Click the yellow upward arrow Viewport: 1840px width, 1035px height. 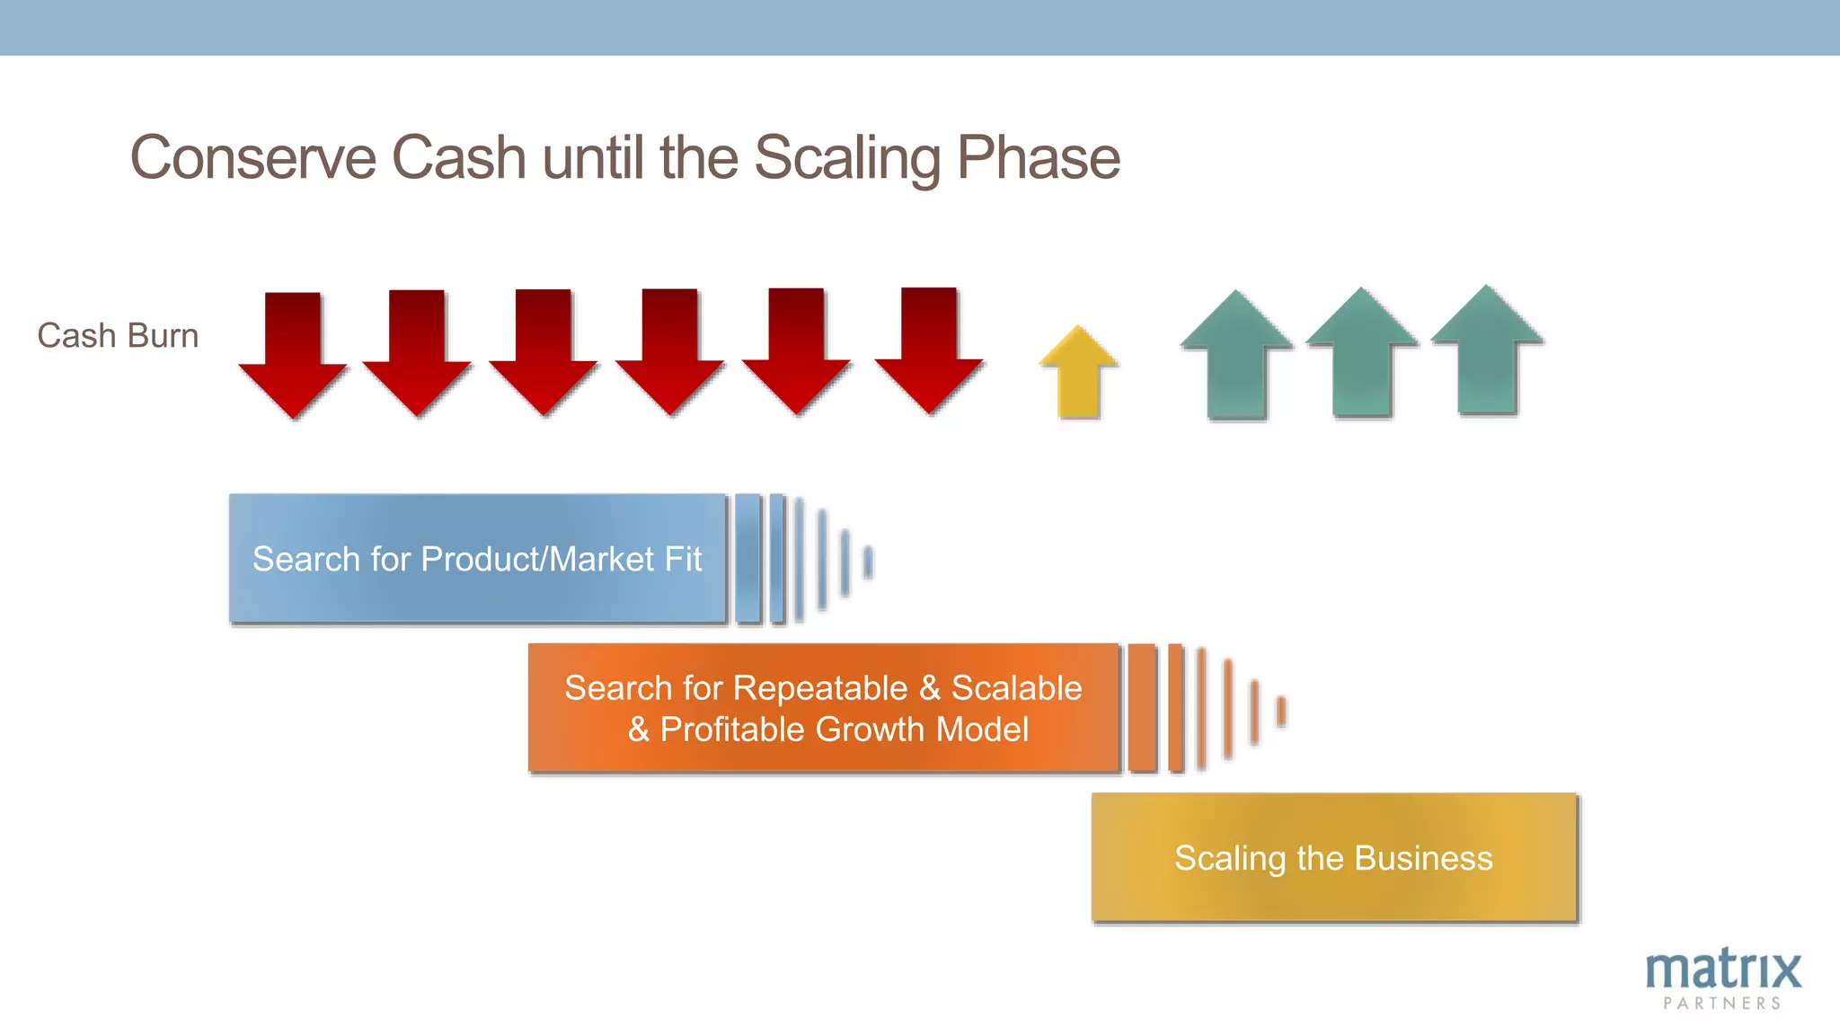point(1078,376)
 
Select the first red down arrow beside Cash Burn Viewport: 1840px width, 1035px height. point(293,355)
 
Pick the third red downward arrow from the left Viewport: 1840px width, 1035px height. point(544,352)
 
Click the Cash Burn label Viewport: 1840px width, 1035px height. point(118,335)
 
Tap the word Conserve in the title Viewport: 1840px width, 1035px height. point(252,158)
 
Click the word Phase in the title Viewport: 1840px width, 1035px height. point(1038,158)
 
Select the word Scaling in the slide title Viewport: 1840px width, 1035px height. point(847,158)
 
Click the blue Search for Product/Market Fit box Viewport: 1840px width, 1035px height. point(477,559)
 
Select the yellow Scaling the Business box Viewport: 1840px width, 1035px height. point(1334,858)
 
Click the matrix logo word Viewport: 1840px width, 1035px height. point(1723,970)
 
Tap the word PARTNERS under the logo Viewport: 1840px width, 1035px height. point(1722,1004)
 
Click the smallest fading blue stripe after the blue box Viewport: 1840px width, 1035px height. point(868,562)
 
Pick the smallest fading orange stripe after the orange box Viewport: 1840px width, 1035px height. point(1282,711)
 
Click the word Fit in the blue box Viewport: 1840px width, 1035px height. point(683,559)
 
